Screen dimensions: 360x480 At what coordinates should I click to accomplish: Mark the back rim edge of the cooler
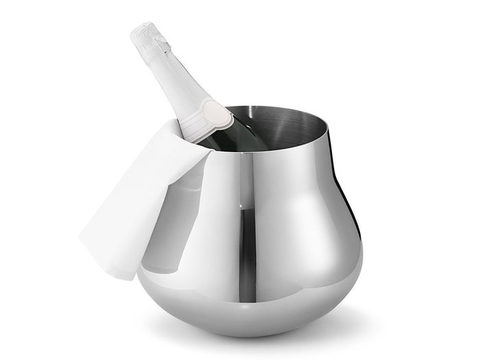274,106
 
